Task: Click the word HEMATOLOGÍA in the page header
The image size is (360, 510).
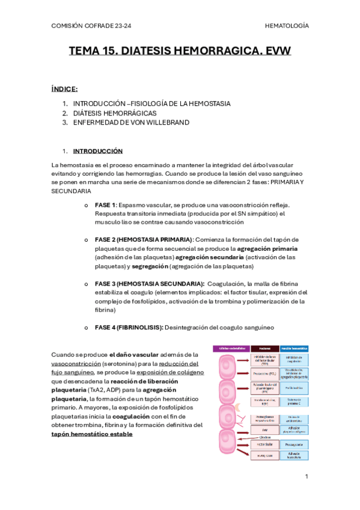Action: coord(287,26)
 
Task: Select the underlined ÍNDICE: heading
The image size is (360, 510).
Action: coord(64,89)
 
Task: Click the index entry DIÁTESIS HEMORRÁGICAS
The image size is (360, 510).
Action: coord(115,113)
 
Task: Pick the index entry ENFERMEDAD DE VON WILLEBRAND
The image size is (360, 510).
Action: coord(131,123)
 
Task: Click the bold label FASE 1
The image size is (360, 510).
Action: coord(105,205)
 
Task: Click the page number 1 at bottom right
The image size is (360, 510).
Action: coord(306,476)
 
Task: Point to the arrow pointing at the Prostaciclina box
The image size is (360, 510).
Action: coord(243,373)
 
